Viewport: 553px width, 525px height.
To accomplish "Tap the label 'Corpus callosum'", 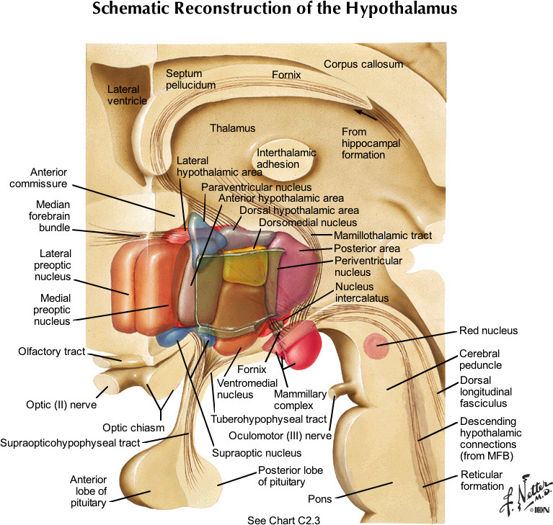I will tap(363, 64).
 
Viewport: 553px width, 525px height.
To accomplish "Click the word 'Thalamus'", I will tap(233, 128).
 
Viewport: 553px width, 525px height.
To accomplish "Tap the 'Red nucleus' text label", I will tap(489, 331).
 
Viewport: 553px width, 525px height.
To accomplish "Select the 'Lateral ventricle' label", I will tap(127, 95).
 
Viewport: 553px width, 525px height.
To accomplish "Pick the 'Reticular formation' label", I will tap(482, 480).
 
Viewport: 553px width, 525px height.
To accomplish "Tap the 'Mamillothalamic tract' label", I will tap(382, 235).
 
